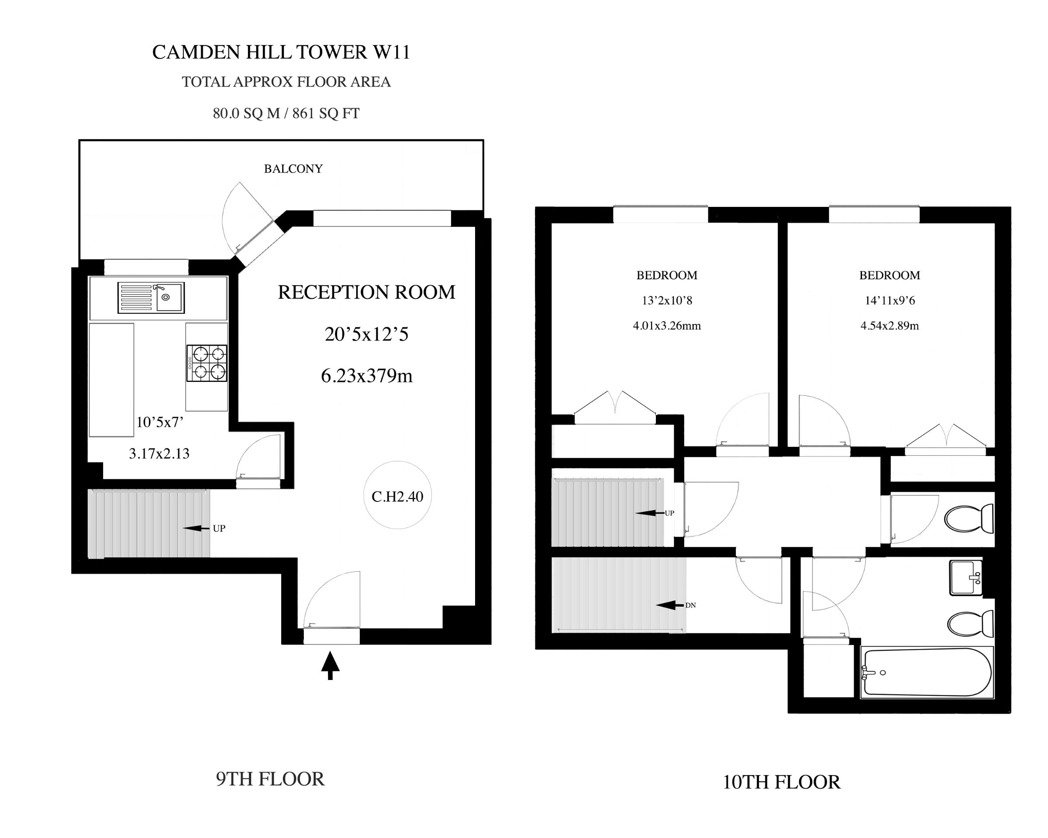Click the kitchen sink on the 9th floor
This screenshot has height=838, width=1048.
click(151, 298)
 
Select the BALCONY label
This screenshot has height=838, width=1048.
click(293, 168)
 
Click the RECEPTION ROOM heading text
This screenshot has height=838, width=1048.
click(366, 292)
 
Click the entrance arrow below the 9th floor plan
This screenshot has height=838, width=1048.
click(330, 666)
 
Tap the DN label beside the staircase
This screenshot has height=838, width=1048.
click(690, 605)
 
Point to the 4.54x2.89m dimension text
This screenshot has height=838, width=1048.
click(889, 326)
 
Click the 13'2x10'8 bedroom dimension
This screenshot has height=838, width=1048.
click(667, 300)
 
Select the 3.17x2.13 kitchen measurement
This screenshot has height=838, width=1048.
click(159, 454)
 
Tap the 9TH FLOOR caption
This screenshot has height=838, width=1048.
click(270, 779)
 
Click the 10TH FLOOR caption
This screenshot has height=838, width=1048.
click(782, 782)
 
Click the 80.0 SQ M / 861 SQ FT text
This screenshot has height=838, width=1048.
click(286, 113)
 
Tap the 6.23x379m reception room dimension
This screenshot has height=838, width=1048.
click(366, 376)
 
